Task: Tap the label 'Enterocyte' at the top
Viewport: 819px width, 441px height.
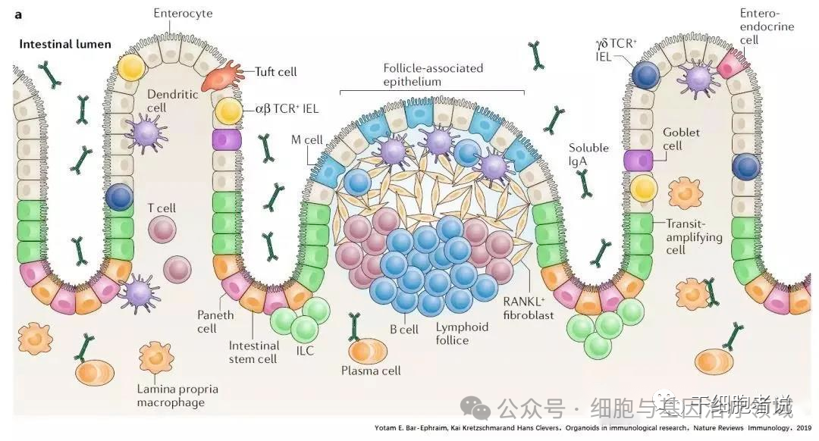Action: click(x=183, y=14)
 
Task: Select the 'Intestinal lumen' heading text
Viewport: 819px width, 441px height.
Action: click(x=65, y=44)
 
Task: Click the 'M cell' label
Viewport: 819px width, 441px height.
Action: click(x=308, y=139)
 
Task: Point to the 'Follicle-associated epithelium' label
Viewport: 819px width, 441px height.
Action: click(x=432, y=74)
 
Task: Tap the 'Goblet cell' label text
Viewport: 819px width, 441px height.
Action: click(x=681, y=139)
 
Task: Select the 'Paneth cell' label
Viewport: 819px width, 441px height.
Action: click(x=217, y=321)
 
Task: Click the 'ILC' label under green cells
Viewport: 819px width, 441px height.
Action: click(x=306, y=351)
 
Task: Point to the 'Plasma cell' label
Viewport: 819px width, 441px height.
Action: click(x=371, y=371)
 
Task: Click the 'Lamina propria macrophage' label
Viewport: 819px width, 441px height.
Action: click(x=177, y=396)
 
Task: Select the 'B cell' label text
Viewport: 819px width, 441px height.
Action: click(x=404, y=329)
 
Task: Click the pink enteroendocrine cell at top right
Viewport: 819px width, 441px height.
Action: click(x=730, y=67)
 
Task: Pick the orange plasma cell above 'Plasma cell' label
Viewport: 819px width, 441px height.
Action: click(x=368, y=351)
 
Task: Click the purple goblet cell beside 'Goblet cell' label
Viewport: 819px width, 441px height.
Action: click(x=639, y=161)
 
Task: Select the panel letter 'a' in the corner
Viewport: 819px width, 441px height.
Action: click(x=18, y=14)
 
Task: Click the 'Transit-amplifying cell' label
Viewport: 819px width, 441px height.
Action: click(x=692, y=236)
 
